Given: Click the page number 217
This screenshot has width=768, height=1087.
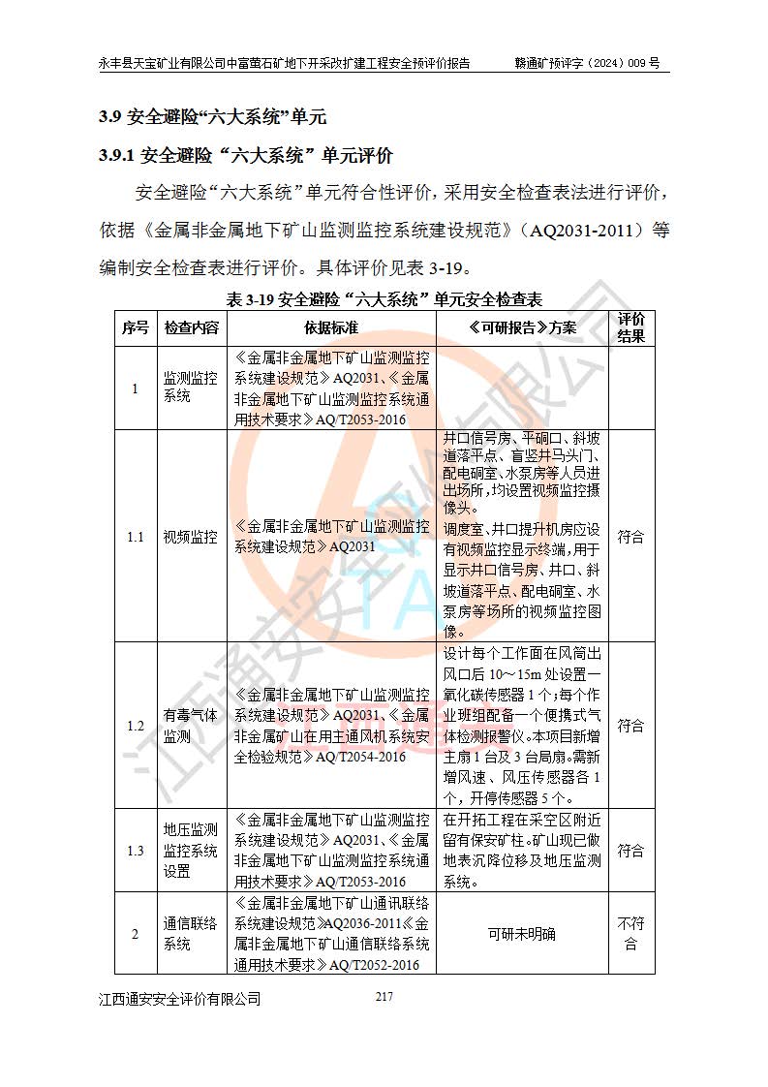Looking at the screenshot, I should pos(384,997).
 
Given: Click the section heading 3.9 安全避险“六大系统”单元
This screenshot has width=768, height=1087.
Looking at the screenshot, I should pos(213,118).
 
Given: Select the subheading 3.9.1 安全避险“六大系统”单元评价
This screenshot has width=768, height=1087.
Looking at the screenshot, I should pos(247,156).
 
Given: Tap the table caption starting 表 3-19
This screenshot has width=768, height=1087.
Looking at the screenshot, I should pos(384,299).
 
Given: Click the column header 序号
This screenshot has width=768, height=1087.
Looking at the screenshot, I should pos(136,327).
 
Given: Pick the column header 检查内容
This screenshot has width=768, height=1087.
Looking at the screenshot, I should pos(191,327).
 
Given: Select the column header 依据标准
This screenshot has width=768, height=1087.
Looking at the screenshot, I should pos(331,327).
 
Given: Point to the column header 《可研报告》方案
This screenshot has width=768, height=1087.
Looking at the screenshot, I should pos(522,327).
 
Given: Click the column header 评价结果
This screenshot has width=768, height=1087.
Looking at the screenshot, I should pos(631,327).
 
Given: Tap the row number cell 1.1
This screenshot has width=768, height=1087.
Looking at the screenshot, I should pos(136,537).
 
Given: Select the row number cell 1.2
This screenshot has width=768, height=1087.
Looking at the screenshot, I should pos(136,726).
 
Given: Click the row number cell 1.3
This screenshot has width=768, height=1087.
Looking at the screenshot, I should pos(136,851).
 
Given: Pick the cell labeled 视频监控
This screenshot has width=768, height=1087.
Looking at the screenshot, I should pos(191,537).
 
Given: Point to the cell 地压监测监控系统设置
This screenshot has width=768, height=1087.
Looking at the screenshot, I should pos(191,851).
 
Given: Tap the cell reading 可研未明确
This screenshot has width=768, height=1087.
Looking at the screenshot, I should pos(522,934).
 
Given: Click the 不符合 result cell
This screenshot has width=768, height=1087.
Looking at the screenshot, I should pos(631,934).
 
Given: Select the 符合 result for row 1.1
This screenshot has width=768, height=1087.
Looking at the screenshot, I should pos(631,537).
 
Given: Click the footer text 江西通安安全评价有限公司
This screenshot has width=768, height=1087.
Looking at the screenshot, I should pos(180,999).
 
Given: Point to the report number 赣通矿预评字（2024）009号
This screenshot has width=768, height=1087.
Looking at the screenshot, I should pos(587,63).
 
